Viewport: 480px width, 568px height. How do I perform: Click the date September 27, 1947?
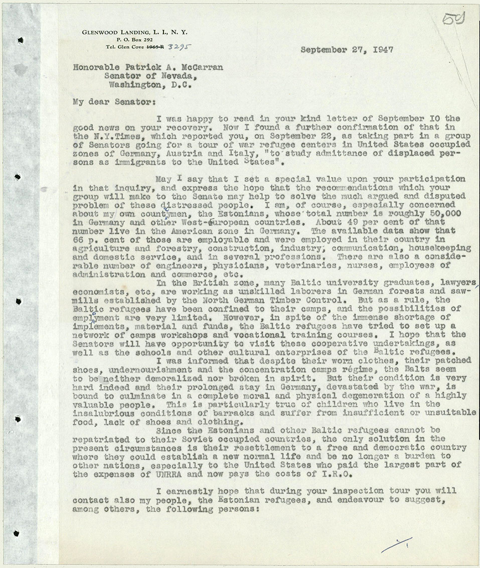[347, 50]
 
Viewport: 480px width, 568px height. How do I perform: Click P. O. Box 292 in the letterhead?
[130, 39]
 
